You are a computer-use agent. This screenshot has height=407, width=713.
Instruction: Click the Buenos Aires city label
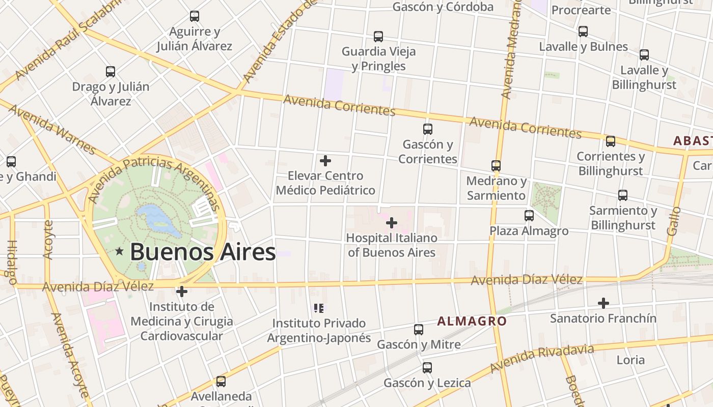click(203, 252)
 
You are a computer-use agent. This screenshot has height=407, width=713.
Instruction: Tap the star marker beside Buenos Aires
click(120, 251)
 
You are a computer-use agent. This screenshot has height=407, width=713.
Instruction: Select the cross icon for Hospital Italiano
click(392, 223)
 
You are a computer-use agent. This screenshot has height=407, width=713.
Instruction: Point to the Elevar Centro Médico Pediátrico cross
click(325, 161)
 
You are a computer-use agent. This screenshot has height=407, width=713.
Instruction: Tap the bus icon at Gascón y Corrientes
click(428, 129)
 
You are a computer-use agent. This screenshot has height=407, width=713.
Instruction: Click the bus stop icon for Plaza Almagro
click(529, 216)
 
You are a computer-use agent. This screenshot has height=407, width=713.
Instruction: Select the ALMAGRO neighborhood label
click(472, 321)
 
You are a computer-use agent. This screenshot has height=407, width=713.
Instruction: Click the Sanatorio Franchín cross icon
click(604, 303)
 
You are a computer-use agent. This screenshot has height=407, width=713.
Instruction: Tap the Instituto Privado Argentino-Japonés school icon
click(319, 308)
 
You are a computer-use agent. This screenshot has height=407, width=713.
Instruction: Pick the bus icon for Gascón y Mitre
click(419, 330)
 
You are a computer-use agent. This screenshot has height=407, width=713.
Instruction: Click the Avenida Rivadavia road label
click(542, 358)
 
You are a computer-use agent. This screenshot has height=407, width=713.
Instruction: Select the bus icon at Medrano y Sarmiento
click(496, 166)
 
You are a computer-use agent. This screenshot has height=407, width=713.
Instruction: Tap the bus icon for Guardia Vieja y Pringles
click(378, 37)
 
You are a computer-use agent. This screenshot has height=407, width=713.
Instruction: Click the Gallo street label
click(674, 221)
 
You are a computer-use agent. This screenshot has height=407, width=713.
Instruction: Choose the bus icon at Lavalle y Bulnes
click(583, 32)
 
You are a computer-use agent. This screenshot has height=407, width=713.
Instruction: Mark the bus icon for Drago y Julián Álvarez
click(111, 72)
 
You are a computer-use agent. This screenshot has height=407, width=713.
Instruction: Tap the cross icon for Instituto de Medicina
click(182, 292)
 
